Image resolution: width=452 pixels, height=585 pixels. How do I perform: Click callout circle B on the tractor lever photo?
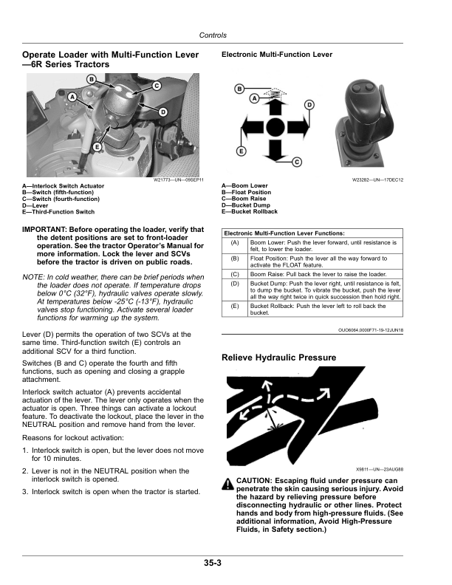click(x=91, y=78)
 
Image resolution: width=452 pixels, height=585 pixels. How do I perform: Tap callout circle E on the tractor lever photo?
click(x=97, y=147)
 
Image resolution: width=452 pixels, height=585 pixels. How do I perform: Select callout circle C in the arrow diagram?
click(x=296, y=161)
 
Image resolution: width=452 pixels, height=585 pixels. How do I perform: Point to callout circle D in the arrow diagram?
click(x=309, y=104)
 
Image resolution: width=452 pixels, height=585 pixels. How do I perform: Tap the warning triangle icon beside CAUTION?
click(x=227, y=484)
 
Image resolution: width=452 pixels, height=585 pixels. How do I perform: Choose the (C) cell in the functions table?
click(x=235, y=273)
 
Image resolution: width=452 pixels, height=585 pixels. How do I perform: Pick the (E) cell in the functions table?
click(x=235, y=306)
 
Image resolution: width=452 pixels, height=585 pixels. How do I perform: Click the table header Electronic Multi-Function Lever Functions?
click(x=284, y=233)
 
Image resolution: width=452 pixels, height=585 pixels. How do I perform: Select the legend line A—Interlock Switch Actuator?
click(x=64, y=186)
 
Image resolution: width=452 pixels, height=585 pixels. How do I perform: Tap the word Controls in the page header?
click(x=213, y=35)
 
